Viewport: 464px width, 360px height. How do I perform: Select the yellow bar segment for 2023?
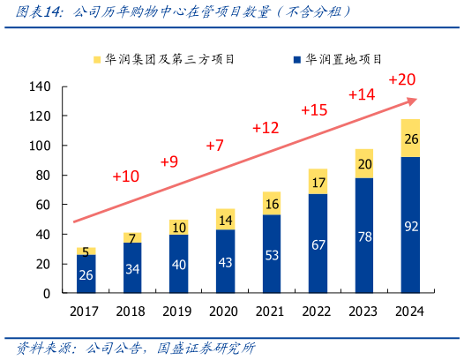[x=365, y=163]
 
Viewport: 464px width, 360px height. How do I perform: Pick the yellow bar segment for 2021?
[x=272, y=203]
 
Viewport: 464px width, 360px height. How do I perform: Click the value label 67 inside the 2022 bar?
[x=318, y=244]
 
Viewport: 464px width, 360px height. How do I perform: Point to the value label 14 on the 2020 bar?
[x=226, y=220]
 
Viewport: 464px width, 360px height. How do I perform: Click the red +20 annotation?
[x=401, y=80]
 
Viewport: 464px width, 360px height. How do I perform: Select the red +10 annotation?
[x=126, y=176]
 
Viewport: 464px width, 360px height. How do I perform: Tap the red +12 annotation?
[x=266, y=128]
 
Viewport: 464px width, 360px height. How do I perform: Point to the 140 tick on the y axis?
[x=41, y=86]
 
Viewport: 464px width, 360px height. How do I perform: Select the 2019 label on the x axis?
[x=179, y=310]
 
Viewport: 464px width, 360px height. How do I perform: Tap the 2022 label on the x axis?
[x=318, y=310]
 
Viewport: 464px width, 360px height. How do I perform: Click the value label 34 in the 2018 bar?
[x=132, y=268]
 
